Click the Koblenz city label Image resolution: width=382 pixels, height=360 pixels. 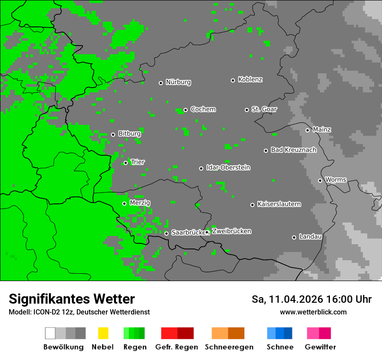click(250, 79)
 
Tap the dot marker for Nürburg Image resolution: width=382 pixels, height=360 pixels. click(161, 83)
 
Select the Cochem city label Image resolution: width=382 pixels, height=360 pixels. click(203, 109)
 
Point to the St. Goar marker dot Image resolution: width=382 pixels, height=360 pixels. click(247, 110)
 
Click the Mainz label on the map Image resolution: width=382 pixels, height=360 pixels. click(322, 129)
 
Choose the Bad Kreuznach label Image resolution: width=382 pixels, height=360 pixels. click(293, 150)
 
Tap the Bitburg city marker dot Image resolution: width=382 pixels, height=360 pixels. click(113, 134)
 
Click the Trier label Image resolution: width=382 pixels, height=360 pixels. click(138, 162)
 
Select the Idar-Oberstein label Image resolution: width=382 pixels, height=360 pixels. click(228, 167)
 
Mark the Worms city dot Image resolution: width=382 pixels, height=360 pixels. click(320, 180)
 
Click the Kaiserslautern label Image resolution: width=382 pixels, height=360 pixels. click(279, 204)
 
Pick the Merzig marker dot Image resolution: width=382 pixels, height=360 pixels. click(124, 203)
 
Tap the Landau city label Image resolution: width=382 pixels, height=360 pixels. click(310, 237)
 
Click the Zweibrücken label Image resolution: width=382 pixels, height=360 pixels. click(231, 231)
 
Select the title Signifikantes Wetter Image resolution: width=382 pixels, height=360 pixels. click(72, 299)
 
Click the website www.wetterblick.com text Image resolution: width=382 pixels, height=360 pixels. click(313, 312)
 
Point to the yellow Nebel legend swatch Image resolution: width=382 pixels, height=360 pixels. click(103, 333)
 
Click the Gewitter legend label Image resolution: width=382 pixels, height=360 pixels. click(320, 347)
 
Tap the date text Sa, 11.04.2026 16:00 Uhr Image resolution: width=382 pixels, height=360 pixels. click(311, 299)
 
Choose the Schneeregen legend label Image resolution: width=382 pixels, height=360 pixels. click(229, 347)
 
